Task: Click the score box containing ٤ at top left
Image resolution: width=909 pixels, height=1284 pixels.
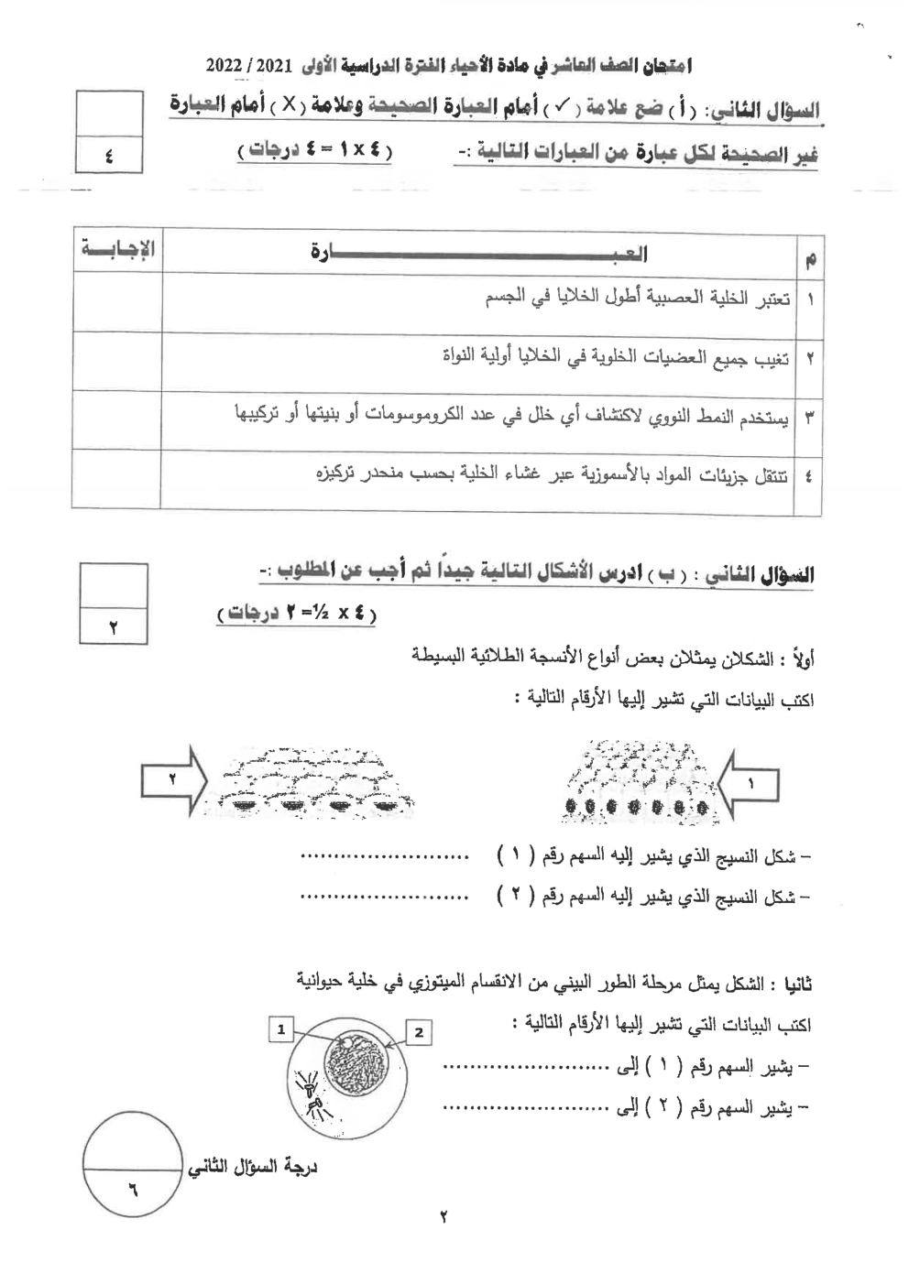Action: tap(108, 156)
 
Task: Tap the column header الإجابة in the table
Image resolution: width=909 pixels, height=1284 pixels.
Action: tap(117, 249)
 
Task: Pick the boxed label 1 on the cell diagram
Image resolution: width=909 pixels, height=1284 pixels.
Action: tap(281, 1029)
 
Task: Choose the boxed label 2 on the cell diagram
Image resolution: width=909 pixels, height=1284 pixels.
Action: tap(419, 1033)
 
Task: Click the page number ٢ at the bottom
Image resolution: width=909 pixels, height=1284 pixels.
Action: tap(444, 1217)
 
